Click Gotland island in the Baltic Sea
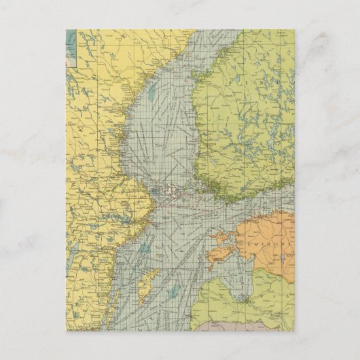point(149,285)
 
